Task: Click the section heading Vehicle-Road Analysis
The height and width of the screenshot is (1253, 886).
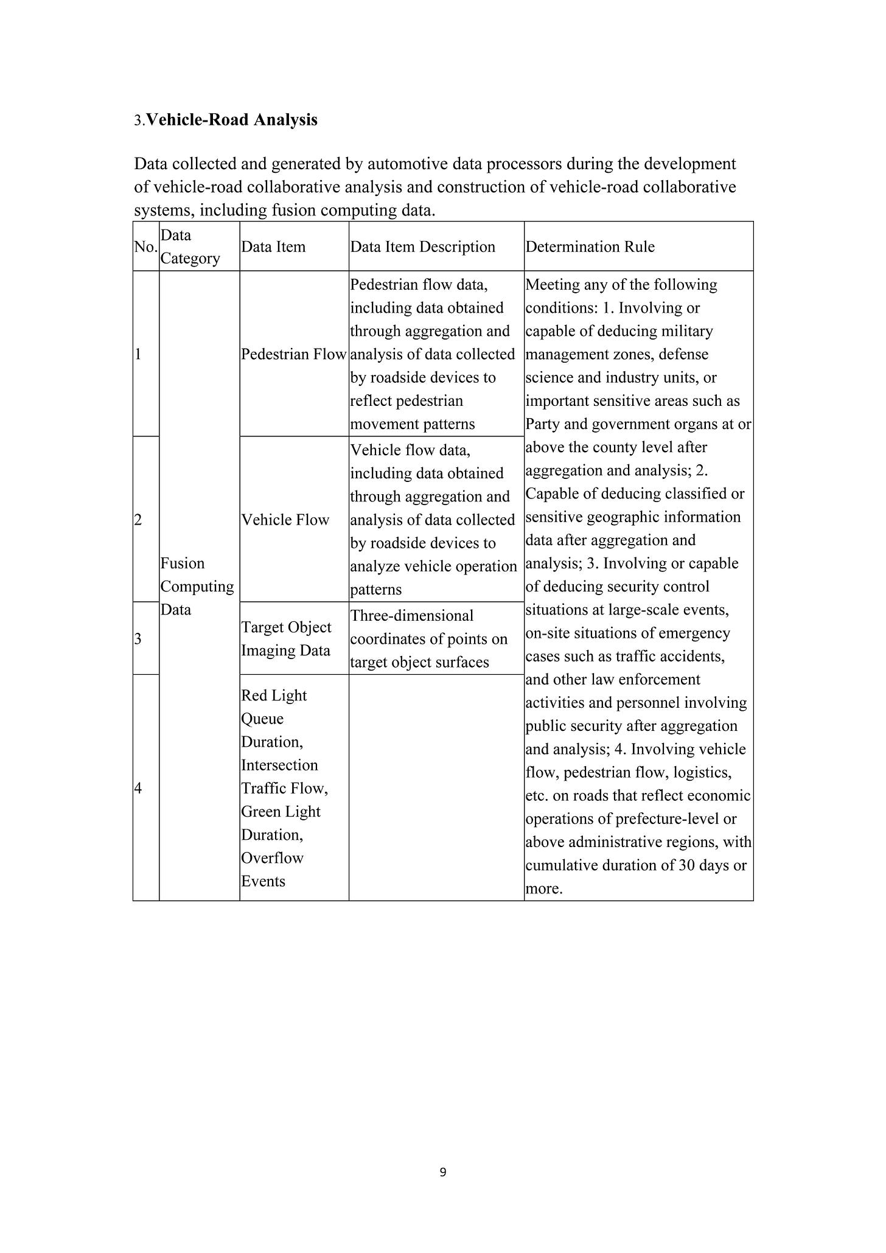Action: (x=232, y=120)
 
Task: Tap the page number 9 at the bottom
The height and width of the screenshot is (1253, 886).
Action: (x=442, y=1172)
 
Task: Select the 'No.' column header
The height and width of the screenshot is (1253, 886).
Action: (x=145, y=247)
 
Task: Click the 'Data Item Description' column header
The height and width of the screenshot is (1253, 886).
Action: (x=422, y=247)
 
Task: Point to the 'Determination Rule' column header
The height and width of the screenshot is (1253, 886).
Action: (x=590, y=247)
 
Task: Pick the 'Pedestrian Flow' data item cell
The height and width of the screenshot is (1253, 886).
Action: (x=293, y=355)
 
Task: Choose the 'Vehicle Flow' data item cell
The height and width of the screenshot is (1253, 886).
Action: (x=285, y=520)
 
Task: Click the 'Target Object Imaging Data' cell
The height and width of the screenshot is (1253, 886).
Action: (x=286, y=639)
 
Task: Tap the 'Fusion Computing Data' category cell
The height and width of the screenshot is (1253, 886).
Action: (x=197, y=587)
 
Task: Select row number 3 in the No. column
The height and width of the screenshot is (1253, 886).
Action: (x=138, y=639)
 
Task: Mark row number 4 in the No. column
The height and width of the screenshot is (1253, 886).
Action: (x=138, y=789)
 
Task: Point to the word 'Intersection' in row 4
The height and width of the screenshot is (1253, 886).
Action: (x=279, y=766)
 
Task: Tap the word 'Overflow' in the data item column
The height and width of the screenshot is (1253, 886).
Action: (x=272, y=858)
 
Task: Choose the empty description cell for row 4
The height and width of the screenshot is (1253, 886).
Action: (x=436, y=787)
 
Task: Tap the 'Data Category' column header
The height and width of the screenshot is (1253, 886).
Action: (x=190, y=247)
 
